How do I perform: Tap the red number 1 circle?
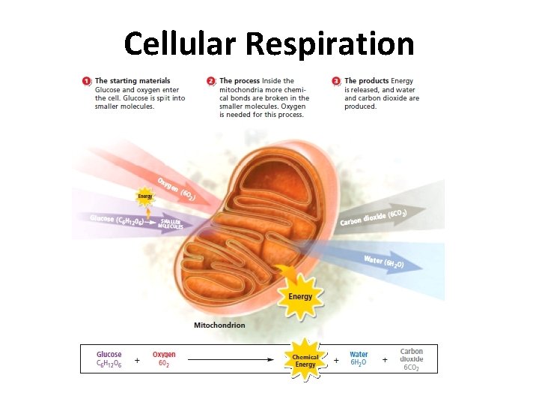[87, 81]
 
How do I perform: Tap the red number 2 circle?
[212, 81]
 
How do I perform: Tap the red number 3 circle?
[337, 81]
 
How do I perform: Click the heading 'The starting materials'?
[133, 81]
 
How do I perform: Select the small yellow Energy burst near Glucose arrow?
[144, 196]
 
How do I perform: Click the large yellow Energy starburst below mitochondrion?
[300, 295]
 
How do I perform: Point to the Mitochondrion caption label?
[219, 325]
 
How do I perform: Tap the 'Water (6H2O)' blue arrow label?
[384, 262]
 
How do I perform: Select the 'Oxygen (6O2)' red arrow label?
[176, 189]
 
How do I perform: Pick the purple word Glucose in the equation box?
[109, 355]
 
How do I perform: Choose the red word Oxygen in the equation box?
[164, 355]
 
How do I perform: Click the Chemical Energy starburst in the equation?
[305, 361]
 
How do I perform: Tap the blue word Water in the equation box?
[359, 355]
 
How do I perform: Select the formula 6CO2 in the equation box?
[412, 367]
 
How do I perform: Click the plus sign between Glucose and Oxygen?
[137, 360]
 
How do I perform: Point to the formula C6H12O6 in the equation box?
[109, 364]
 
